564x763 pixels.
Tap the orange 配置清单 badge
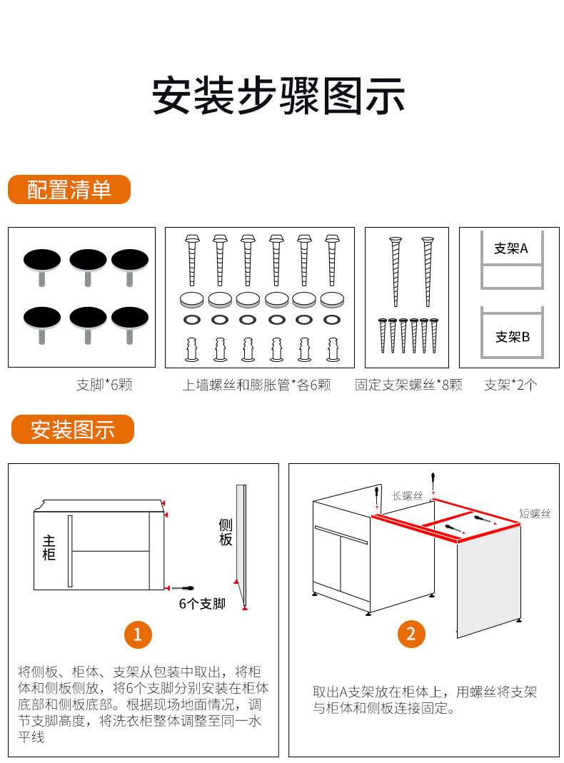coord(69,190)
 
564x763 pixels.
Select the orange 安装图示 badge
coord(72,430)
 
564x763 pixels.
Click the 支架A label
coord(510,248)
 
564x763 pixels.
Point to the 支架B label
coord(513,337)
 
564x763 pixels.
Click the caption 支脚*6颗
coord(104,385)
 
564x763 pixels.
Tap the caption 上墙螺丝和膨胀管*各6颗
coord(256,385)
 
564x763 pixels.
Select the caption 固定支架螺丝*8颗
coord(408,385)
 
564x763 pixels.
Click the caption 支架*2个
coord(510,385)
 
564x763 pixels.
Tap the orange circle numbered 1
coord(138,634)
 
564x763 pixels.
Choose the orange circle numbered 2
coord(411,634)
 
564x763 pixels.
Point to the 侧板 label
coord(226,532)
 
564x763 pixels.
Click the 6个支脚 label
coord(202,604)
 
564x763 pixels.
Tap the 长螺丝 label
coord(408,495)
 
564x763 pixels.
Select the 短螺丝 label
coord(535,513)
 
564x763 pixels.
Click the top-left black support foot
coord(43,261)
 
